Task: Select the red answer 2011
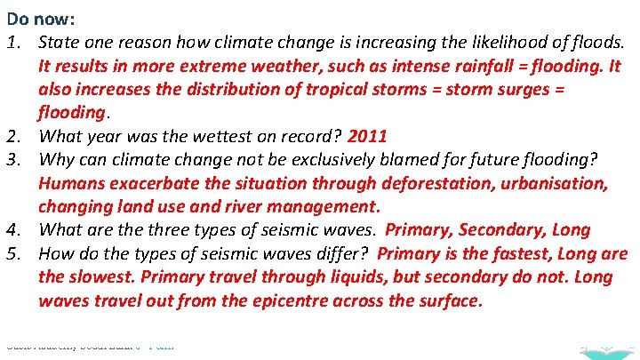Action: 367,136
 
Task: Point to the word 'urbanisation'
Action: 556,183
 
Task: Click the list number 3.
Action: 14,160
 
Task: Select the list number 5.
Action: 14,253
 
